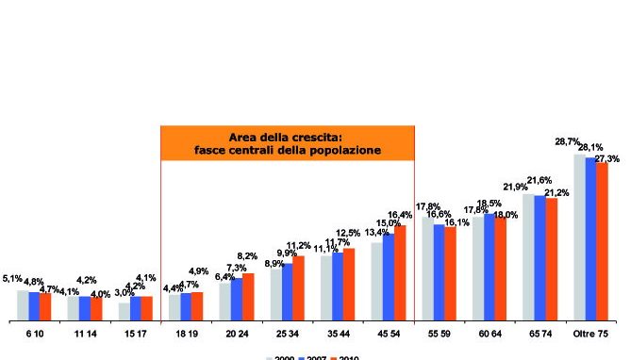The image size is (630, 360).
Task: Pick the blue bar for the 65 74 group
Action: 539,257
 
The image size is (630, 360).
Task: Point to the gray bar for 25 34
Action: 275,293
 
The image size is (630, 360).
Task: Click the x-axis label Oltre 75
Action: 590,335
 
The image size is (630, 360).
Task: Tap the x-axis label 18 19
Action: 186,335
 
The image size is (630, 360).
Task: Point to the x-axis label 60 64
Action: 489,335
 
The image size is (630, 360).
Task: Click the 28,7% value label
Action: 567,141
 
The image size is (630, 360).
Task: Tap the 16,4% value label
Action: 400,216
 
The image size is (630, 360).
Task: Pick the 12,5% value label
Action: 348,233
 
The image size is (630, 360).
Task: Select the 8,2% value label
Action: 247,255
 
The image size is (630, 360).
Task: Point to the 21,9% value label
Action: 516,186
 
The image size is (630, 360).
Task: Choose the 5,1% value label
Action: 13,278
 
